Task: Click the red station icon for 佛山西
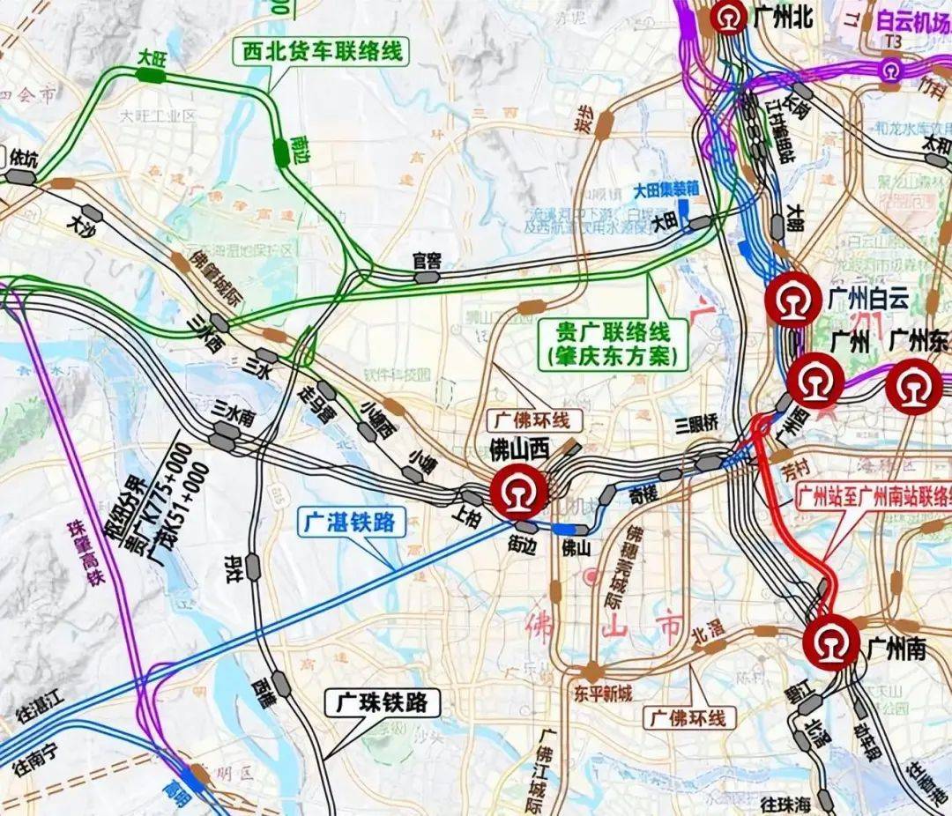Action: pos(519,492)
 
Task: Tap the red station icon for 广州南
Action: pos(830,642)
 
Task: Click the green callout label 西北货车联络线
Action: pos(322,51)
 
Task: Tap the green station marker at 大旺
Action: pos(151,76)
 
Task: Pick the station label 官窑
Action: pos(427,261)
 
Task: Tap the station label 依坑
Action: pos(24,159)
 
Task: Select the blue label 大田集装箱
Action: pos(666,189)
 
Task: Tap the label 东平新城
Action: pos(602,694)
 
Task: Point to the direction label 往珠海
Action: pos(785,804)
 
